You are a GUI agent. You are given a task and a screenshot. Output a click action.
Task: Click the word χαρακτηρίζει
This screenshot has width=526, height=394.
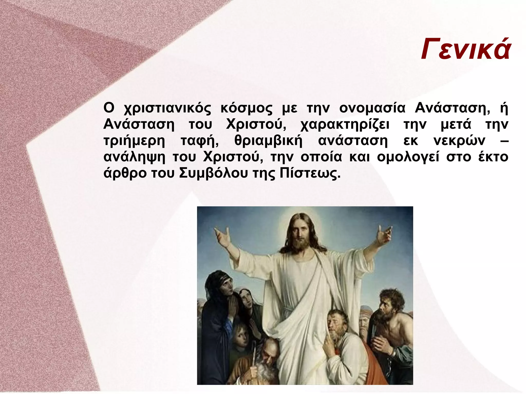pos(345,125)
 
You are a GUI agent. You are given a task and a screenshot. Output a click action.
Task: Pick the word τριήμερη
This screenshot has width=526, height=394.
pos(134,141)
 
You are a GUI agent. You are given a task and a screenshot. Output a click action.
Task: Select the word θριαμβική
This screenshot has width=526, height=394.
pos(268,141)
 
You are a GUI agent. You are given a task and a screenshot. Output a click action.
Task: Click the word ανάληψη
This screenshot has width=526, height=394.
pos(134,157)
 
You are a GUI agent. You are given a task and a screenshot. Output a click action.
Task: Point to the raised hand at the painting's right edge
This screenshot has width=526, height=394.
pos(384,234)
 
